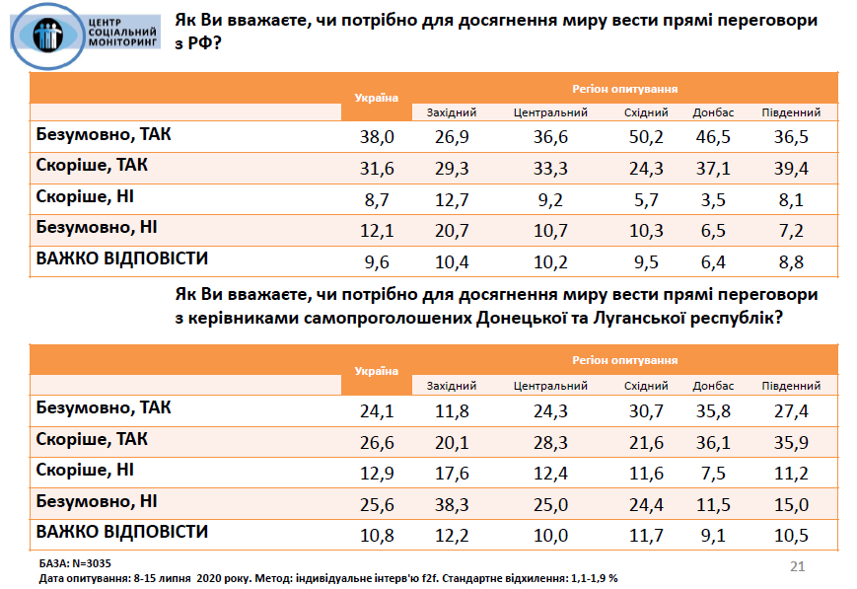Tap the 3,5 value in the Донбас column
click(713, 200)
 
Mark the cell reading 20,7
click(452, 232)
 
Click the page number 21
click(799, 566)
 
